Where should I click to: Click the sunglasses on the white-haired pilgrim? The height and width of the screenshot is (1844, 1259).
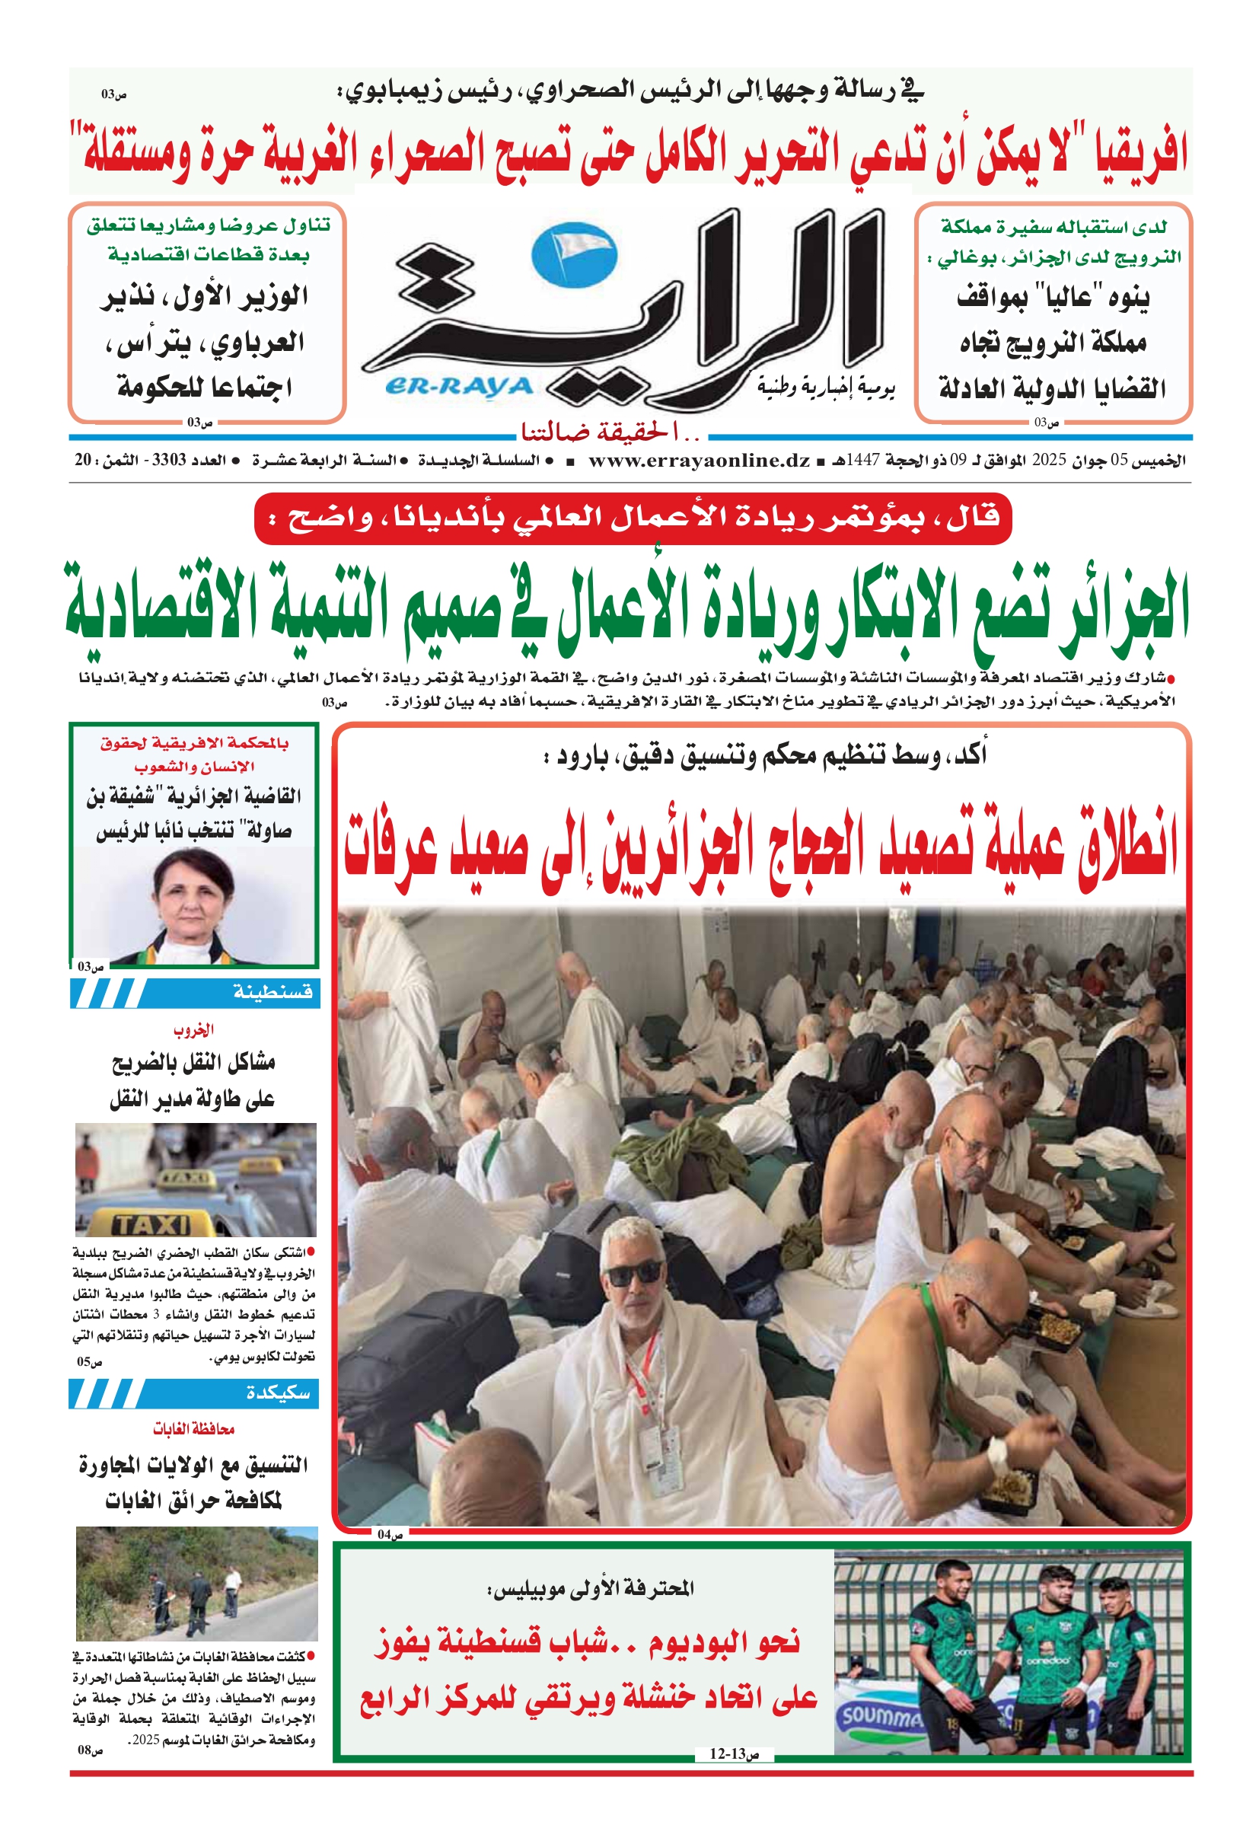(x=634, y=1273)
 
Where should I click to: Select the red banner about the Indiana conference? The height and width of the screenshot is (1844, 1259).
(x=633, y=519)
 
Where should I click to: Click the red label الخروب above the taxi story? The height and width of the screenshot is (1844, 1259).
(x=193, y=1030)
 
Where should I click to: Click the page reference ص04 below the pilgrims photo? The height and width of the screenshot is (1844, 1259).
(x=390, y=1535)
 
